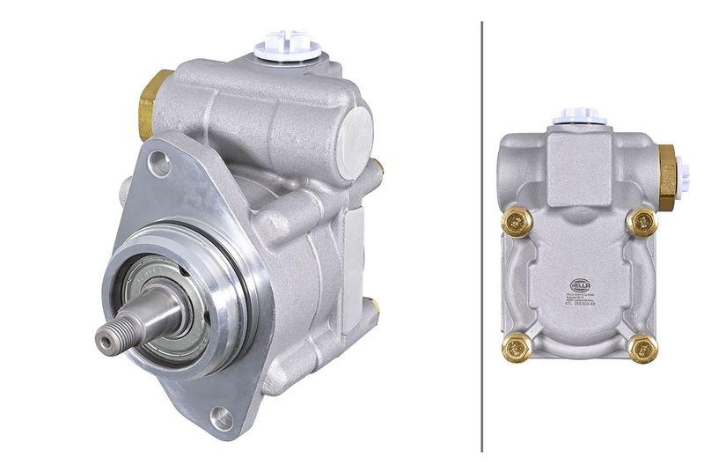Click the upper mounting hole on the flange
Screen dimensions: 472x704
click(158, 161)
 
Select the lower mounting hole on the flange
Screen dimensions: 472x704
click(221, 418)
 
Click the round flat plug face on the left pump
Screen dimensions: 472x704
click(357, 136)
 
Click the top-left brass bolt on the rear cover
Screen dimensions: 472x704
click(514, 221)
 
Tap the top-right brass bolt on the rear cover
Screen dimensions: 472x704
click(642, 221)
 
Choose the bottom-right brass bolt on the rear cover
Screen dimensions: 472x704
click(642, 349)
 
